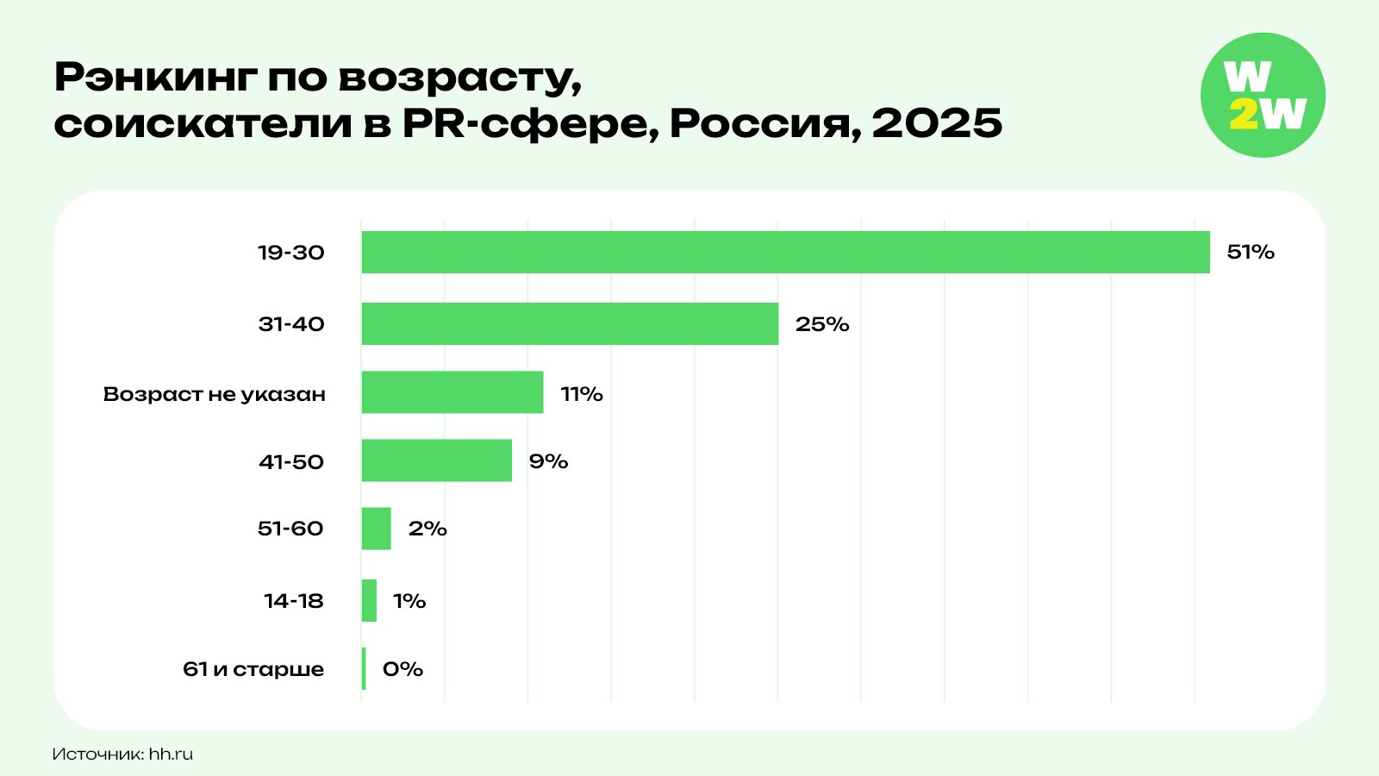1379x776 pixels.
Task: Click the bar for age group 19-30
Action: (x=785, y=252)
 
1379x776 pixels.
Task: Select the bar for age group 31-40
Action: (x=570, y=324)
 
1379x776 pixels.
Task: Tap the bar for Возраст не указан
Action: (x=452, y=392)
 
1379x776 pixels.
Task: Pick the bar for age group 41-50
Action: (x=436, y=460)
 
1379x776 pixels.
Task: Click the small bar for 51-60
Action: (x=376, y=529)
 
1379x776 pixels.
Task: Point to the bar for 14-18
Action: (x=369, y=600)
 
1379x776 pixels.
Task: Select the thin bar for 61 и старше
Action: (x=364, y=668)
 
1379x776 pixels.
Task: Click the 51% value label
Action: (x=1250, y=252)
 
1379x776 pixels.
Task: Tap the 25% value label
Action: (x=821, y=324)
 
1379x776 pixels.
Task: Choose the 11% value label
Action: (x=581, y=394)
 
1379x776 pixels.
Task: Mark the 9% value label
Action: (x=548, y=461)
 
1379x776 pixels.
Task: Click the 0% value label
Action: (x=402, y=669)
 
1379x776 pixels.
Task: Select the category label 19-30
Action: (x=291, y=253)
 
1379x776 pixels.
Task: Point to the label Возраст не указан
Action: (x=214, y=394)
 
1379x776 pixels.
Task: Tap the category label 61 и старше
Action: (x=253, y=669)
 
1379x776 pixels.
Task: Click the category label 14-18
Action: (x=293, y=601)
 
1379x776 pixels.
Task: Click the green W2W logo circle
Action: (x=1263, y=95)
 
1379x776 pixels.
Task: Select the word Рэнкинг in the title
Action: (x=155, y=78)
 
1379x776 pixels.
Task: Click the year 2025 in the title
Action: (x=937, y=123)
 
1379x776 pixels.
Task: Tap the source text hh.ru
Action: (x=171, y=754)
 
